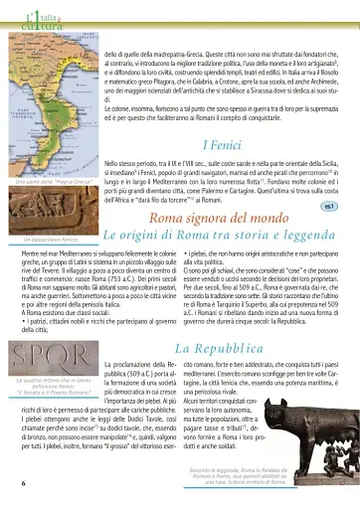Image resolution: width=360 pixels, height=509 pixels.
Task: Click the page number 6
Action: [x=22, y=482]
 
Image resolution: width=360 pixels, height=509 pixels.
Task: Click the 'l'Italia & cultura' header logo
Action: [x=28, y=13]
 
